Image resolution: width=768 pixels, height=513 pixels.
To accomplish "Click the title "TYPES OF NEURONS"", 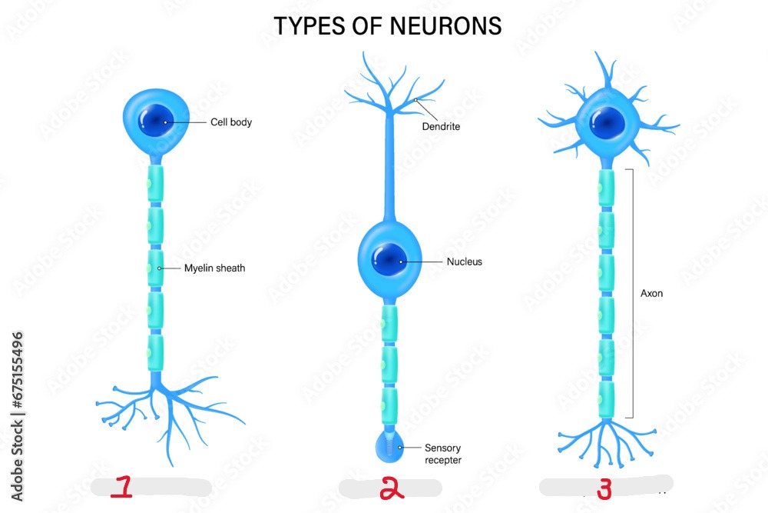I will click(388, 26).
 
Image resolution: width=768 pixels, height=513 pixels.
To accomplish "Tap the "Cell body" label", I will click(231, 122).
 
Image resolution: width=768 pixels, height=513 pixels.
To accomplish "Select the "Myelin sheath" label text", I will click(214, 268).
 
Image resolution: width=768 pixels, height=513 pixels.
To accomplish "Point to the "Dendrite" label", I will click(441, 127).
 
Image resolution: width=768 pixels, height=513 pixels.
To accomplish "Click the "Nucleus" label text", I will click(465, 261).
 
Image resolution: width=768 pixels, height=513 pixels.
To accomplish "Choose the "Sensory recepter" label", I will click(443, 454).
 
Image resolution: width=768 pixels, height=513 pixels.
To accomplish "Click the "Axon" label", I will click(651, 293).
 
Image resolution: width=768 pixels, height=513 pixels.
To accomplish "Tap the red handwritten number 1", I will click(122, 488).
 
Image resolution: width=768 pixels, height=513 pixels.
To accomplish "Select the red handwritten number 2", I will click(392, 488).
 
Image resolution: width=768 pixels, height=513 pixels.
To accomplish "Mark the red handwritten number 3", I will click(604, 488).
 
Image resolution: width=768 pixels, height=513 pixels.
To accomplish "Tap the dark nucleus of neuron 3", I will click(607, 122).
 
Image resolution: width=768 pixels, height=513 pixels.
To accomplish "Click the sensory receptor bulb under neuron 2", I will click(390, 447).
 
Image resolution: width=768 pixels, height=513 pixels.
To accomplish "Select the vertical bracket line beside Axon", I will click(631, 292).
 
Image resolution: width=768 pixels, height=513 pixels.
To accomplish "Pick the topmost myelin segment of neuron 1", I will click(156, 185).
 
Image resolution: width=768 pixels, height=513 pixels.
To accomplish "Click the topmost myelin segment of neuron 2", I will click(390, 322).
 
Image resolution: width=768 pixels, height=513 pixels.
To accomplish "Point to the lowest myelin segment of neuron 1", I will click(156, 351).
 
